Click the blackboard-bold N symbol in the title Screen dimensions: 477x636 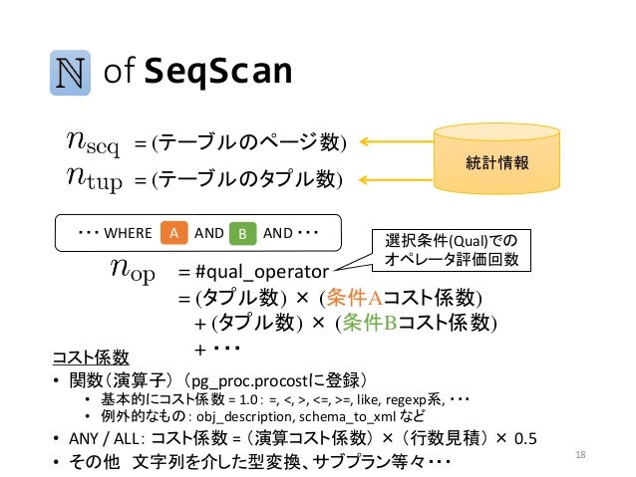pos(73,73)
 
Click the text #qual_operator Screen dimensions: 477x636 pos(261,271)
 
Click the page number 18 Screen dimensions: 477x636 pos(582,455)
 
